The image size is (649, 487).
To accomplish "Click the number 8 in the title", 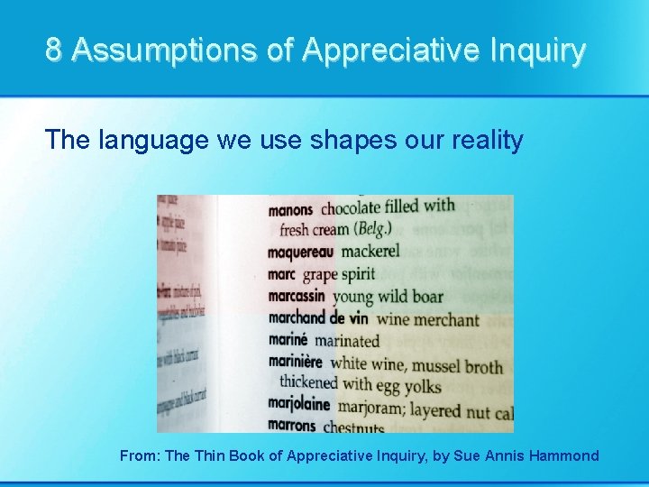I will click(x=54, y=51).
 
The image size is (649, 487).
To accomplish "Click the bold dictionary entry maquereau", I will click(x=300, y=252).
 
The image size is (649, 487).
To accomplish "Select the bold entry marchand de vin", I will click(x=318, y=317).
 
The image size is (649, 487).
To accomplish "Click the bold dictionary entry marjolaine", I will click(x=299, y=405).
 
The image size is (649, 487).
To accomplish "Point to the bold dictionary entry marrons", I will click(x=292, y=425).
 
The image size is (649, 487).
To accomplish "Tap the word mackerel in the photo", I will click(x=370, y=251).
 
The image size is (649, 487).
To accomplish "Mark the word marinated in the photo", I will click(x=347, y=341).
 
